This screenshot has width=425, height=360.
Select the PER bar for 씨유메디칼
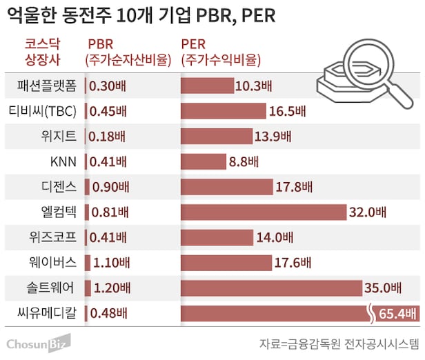click(276, 314)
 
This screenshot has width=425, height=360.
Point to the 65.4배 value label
click(397, 314)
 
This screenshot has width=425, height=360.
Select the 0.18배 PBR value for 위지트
click(108, 137)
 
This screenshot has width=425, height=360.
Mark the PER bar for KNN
click(203, 162)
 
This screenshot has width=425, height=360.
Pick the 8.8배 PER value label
click(244, 162)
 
